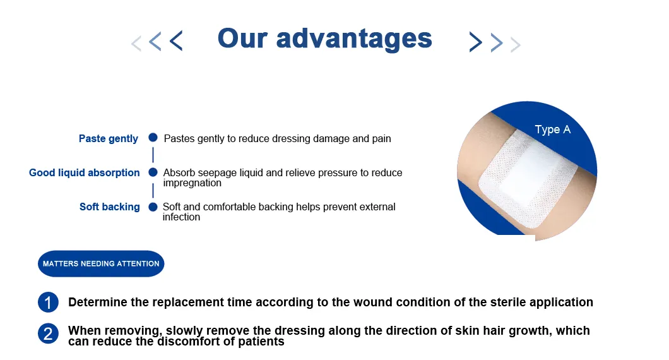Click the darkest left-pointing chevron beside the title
(x=176, y=41)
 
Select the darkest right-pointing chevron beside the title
(x=475, y=42)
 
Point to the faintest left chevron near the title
(x=136, y=44)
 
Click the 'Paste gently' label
(x=108, y=139)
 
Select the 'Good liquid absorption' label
(x=85, y=172)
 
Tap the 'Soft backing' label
(x=109, y=207)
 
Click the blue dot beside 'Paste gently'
(x=153, y=138)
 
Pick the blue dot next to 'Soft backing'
(x=153, y=207)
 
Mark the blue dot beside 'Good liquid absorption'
(x=153, y=172)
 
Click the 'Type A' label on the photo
(x=552, y=129)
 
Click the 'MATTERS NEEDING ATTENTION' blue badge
(x=101, y=263)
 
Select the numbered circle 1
(x=48, y=303)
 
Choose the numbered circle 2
(x=48, y=333)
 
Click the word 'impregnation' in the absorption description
(x=192, y=183)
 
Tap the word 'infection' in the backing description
(x=181, y=217)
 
